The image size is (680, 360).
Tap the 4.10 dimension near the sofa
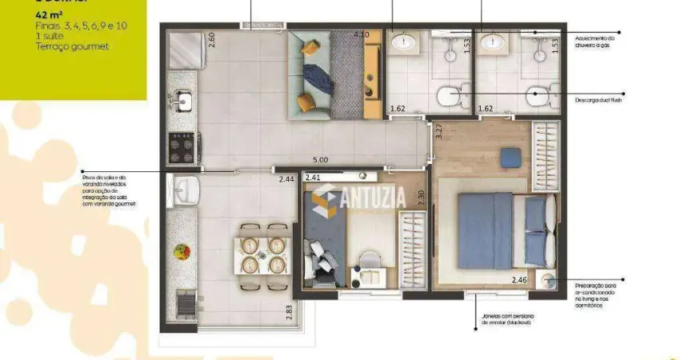[362, 35]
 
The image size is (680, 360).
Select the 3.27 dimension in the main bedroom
[438, 131]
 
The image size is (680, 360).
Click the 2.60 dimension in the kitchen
[212, 40]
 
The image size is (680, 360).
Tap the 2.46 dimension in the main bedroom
[521, 280]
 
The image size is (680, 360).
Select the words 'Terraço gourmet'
[72, 47]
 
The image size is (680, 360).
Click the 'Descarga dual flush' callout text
[598, 100]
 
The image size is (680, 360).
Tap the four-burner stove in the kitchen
[183, 146]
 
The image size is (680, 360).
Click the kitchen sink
[183, 101]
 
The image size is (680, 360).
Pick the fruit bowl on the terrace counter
[181, 251]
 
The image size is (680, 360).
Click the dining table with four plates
[262, 254]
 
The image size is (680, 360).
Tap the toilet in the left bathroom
[448, 97]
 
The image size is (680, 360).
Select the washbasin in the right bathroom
[492, 45]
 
